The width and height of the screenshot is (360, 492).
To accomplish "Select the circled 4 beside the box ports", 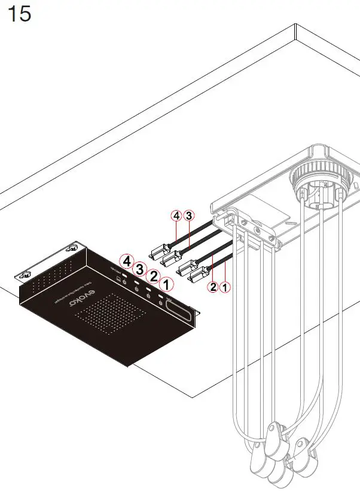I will [x=126, y=260].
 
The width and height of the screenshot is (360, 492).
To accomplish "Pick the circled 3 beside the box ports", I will [x=140, y=268].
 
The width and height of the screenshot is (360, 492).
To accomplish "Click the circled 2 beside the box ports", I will [x=153, y=276].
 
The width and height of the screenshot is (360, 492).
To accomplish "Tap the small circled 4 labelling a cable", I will [x=176, y=215].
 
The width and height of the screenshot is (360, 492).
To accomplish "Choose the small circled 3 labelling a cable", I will [x=189, y=215].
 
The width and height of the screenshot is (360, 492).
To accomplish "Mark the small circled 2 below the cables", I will [x=212, y=287].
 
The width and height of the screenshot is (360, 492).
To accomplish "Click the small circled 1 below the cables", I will [x=225, y=287].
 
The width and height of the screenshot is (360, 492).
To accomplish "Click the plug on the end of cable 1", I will [x=199, y=280].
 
